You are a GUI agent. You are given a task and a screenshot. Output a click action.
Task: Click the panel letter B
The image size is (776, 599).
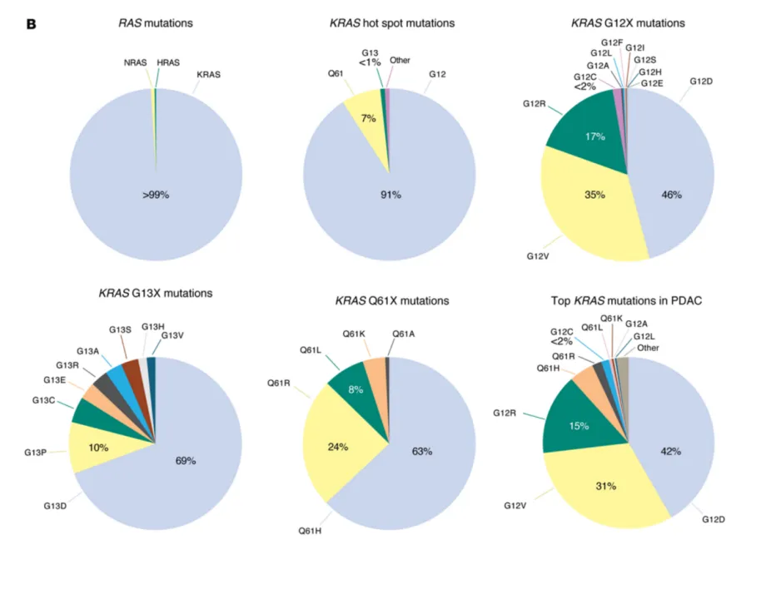click(32, 23)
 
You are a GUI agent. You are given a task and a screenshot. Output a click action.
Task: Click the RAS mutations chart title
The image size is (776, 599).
click(156, 23)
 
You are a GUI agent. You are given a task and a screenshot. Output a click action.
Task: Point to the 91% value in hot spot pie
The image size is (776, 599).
click(390, 195)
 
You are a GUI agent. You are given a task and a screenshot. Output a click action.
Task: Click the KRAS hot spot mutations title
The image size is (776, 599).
click(391, 23)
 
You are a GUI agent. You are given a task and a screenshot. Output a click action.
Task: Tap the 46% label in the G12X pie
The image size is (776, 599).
click(671, 195)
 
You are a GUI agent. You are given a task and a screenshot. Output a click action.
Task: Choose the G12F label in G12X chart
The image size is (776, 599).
click(612, 42)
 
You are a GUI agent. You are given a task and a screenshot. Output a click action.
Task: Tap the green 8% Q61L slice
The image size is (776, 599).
click(356, 391)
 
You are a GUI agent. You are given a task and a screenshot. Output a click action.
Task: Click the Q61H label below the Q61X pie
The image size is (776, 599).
click(310, 530)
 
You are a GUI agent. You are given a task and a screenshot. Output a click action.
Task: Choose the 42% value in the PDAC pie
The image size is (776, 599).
click(671, 451)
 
